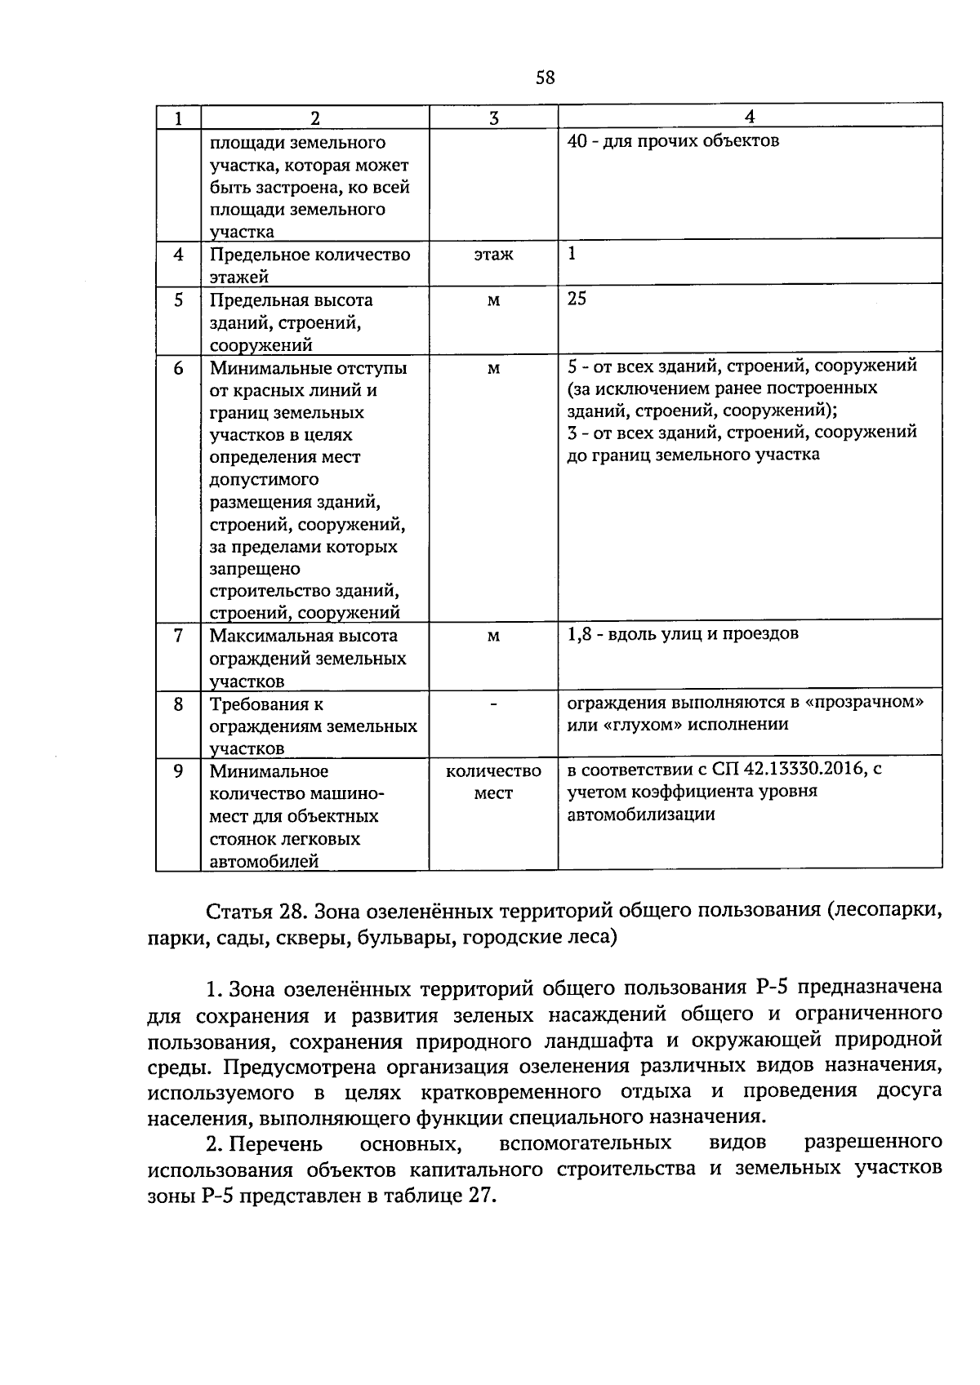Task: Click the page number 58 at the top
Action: (545, 78)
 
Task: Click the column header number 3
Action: (493, 118)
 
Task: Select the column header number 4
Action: (750, 118)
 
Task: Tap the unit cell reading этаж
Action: (493, 255)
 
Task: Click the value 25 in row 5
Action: (577, 299)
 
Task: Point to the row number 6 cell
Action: (178, 368)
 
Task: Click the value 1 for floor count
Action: (572, 254)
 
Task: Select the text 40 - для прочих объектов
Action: (673, 141)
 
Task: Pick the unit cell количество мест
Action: (493, 782)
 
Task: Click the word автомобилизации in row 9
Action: (641, 814)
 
